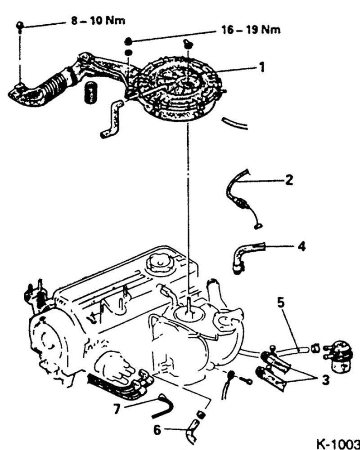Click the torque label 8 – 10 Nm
98,21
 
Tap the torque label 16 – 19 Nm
251,30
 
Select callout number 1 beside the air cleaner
261,67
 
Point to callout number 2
289,180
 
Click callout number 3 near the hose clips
325,380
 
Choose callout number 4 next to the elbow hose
301,246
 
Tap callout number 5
281,303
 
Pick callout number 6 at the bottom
157,430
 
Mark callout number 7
117,409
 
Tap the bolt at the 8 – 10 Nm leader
19,26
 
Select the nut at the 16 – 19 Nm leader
128,41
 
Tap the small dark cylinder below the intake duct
91,92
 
